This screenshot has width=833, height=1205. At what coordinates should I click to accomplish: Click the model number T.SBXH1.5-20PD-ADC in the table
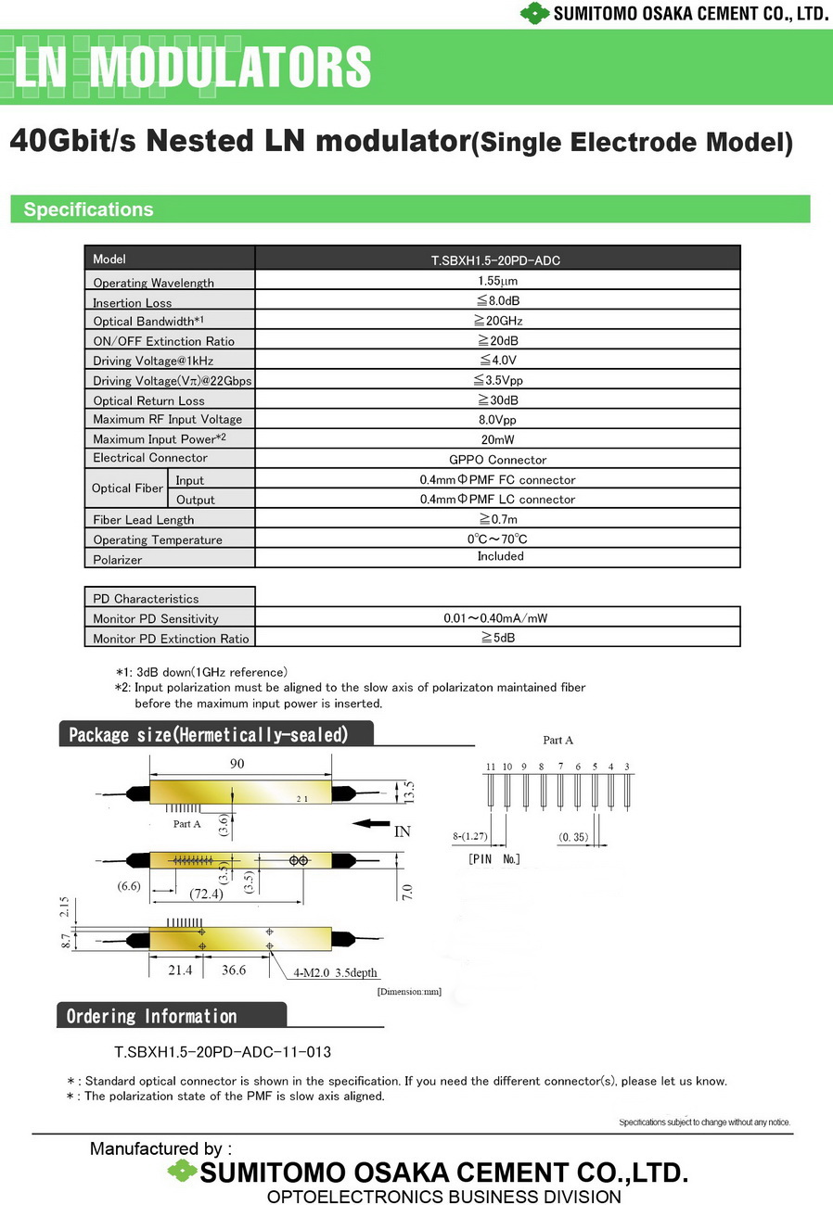coord(497,260)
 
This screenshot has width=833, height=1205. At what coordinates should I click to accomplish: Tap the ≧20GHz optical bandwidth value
coord(498,321)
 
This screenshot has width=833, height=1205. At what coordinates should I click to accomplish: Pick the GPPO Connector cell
coord(497,460)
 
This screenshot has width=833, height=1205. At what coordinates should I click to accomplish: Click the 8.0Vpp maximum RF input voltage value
coord(497,419)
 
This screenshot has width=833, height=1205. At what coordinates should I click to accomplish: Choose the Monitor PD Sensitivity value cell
coord(497,618)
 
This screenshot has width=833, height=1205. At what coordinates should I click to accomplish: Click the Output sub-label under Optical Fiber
coord(196,500)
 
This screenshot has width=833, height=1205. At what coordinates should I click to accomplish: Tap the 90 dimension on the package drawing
coord(237,763)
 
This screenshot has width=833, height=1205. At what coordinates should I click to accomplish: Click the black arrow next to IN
coord(371,823)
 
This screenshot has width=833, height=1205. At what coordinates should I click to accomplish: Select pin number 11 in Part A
coord(491,767)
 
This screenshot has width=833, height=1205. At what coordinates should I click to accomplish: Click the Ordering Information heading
coord(151,1016)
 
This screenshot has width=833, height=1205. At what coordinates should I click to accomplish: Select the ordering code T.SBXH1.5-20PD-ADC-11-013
coord(222,1052)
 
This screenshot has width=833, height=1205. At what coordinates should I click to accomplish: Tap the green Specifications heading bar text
coord(88,209)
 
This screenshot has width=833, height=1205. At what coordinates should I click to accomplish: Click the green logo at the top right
coord(534,13)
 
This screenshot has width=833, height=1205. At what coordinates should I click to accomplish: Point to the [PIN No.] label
coord(494,859)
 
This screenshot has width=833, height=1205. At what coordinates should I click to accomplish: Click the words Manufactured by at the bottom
coord(160,1148)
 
